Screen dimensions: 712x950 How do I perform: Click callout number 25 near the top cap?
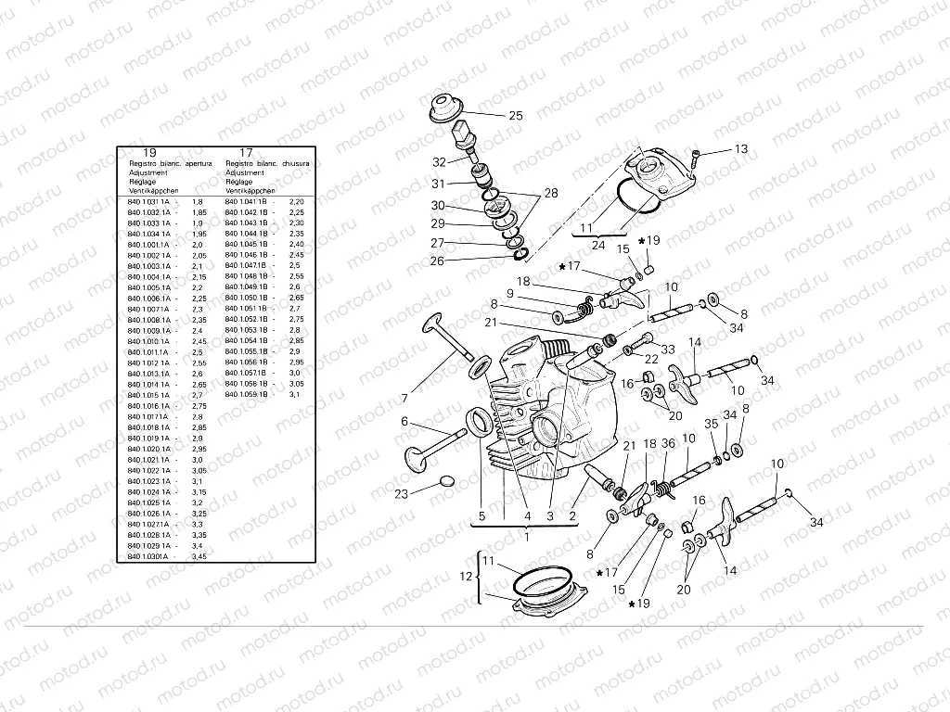515,116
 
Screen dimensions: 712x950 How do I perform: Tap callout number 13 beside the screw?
740,148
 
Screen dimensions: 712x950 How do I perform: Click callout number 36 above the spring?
668,443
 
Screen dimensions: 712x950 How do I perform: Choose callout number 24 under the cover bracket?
598,246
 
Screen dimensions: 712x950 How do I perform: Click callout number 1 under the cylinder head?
526,536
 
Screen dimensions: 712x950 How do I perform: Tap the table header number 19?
149,152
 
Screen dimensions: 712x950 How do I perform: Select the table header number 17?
246,152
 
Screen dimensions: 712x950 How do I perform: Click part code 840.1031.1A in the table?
148,201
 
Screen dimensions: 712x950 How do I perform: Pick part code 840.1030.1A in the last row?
148,556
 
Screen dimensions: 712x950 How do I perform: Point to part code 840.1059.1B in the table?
246,395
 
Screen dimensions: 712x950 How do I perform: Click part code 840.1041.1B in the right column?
246,201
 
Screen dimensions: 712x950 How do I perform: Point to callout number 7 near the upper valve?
404,398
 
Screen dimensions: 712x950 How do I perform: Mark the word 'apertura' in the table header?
205,162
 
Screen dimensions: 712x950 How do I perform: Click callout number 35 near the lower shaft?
712,423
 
